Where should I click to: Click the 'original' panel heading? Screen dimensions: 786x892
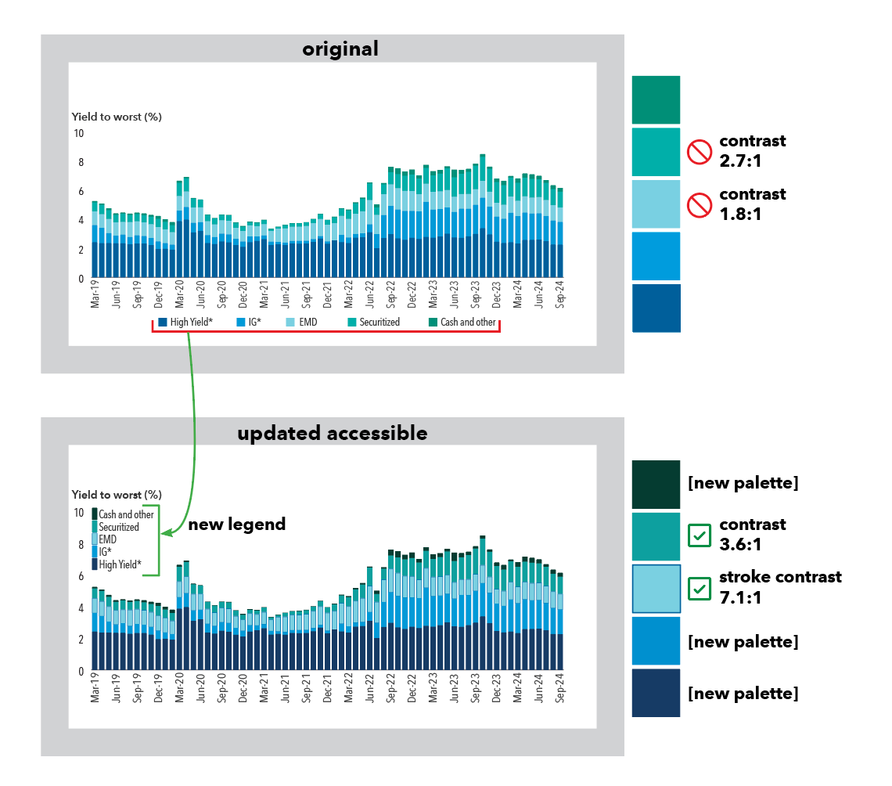340,49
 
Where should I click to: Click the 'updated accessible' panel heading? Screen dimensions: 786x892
333,433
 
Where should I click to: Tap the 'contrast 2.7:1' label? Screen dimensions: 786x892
752,150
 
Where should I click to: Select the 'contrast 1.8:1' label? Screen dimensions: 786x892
752,203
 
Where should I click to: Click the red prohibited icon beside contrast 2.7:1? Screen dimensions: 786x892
699,151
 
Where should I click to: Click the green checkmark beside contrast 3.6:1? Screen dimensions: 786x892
699,535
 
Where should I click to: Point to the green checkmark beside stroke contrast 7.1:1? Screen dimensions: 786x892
699,587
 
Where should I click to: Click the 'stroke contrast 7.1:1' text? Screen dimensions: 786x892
780,586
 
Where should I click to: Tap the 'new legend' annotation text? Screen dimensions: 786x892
236,525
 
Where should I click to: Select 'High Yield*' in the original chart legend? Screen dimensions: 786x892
191,322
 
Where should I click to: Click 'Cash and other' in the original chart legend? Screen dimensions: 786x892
467,322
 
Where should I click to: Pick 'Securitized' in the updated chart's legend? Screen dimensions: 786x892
118,527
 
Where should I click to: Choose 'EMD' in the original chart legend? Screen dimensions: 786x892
306,322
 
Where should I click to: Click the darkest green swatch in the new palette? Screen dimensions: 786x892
656,484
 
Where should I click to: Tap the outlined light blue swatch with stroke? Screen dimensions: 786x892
656,588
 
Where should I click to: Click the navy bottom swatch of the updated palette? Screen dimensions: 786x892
656,693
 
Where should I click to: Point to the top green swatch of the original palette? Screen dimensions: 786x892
656,99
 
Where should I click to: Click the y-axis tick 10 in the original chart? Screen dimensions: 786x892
78,133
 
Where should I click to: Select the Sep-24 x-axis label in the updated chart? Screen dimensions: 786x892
560,688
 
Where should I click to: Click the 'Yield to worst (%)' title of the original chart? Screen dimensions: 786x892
117,117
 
